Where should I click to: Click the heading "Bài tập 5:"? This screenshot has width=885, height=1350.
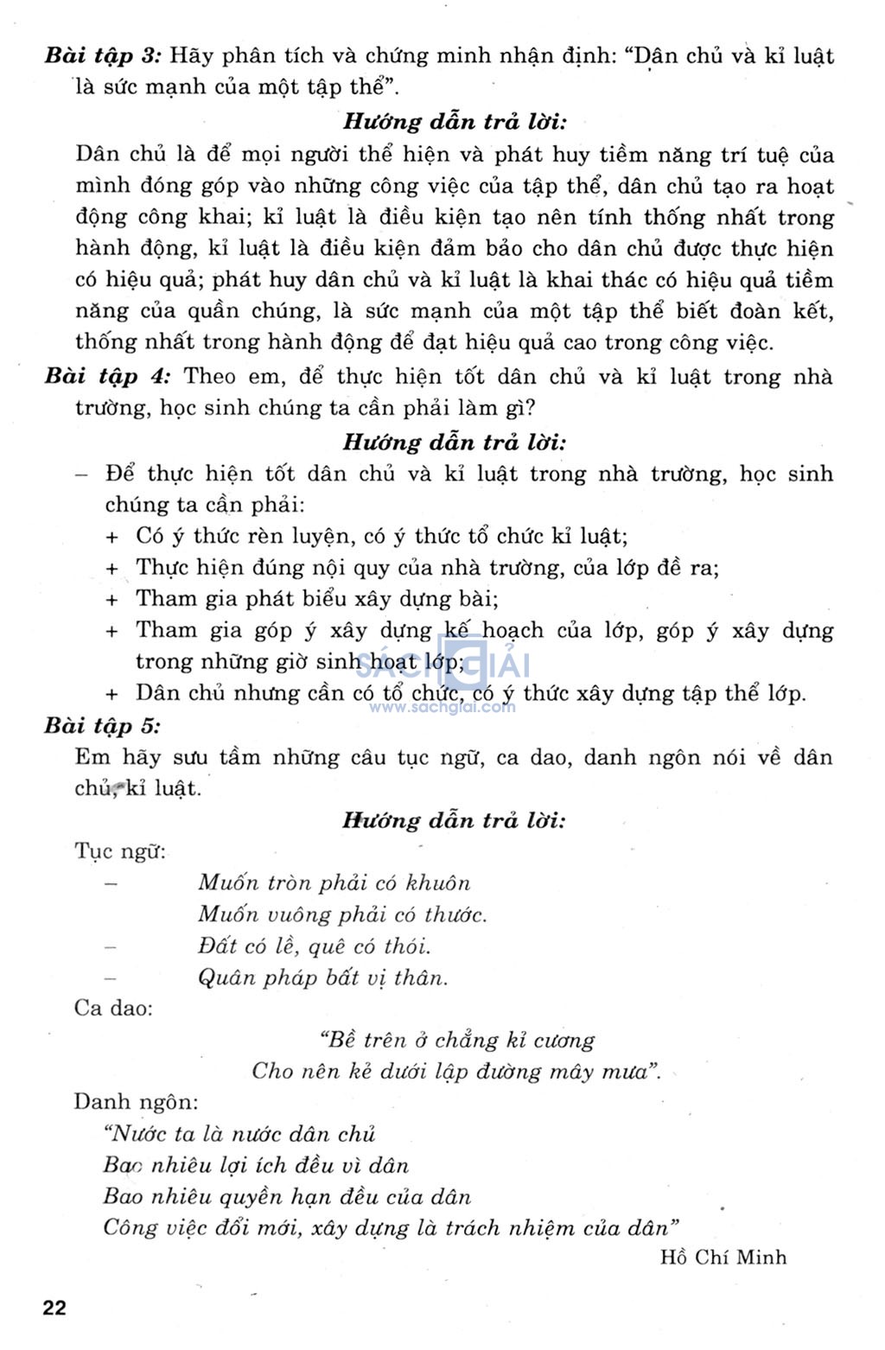pyautogui.click(x=102, y=726)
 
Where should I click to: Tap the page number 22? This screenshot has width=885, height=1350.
pyautogui.click(x=54, y=1308)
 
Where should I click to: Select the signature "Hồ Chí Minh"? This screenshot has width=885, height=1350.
pyautogui.click(x=723, y=1257)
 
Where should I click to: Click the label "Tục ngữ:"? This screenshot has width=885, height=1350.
pyautogui.click(x=120, y=851)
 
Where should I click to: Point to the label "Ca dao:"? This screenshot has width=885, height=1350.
pyautogui.click(x=113, y=1008)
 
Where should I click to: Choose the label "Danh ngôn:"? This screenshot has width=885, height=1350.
pyautogui.click(x=136, y=1102)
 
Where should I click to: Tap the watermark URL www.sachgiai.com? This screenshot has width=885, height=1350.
pyautogui.click(x=442, y=707)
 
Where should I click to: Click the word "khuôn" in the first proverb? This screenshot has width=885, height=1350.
pyautogui.click(x=438, y=883)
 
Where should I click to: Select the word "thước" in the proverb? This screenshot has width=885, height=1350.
pyautogui.click(x=455, y=914)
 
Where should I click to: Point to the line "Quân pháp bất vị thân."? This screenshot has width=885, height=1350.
pyautogui.click(x=323, y=977)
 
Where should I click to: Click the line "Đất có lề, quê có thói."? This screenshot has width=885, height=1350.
pyautogui.click(x=314, y=946)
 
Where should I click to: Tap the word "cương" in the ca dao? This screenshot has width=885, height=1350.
pyautogui.click(x=563, y=1041)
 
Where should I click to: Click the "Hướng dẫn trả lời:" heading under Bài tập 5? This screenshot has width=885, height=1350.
pyautogui.click(x=454, y=820)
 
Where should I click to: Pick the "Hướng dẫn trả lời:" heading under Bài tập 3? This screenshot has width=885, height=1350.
pyautogui.click(x=455, y=122)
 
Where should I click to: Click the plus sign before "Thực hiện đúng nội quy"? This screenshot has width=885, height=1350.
pyautogui.click(x=111, y=569)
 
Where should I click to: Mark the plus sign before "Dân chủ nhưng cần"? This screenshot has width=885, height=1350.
pyautogui.click(x=111, y=694)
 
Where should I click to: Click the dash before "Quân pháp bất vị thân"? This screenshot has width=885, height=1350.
pyautogui.click(x=110, y=977)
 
